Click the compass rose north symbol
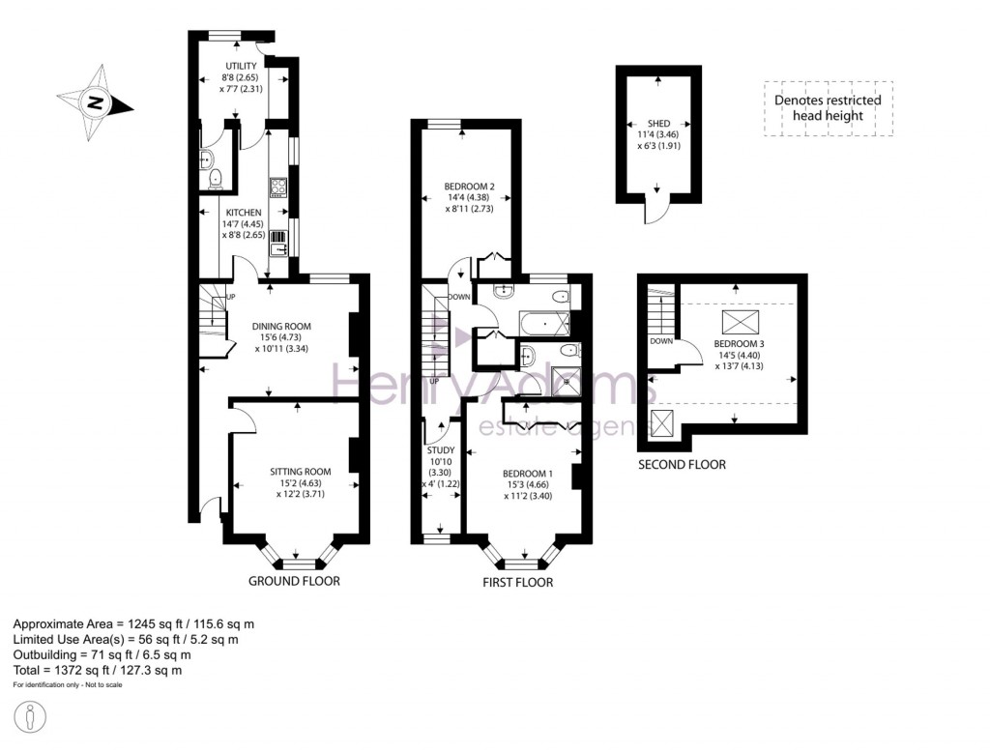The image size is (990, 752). coord(94,101)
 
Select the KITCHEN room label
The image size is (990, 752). coord(243,213)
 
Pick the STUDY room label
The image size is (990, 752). coord(440,450)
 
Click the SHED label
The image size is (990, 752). coord(658,125)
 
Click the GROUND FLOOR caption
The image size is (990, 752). coord(294,581)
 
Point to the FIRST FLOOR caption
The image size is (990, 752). coord(517,583)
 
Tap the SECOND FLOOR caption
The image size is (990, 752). coord(681,465)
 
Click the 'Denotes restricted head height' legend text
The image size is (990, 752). coord(828,107)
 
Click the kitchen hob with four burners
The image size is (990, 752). coord(278,187)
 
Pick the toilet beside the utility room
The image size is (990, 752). coord(215,177)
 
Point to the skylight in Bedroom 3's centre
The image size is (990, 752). coord(739,322)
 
